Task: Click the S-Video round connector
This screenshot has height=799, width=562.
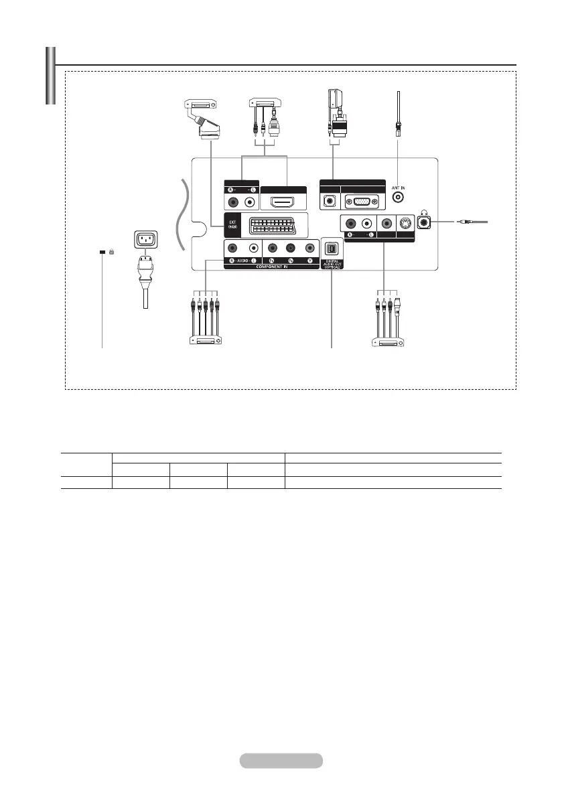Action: [404, 224]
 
